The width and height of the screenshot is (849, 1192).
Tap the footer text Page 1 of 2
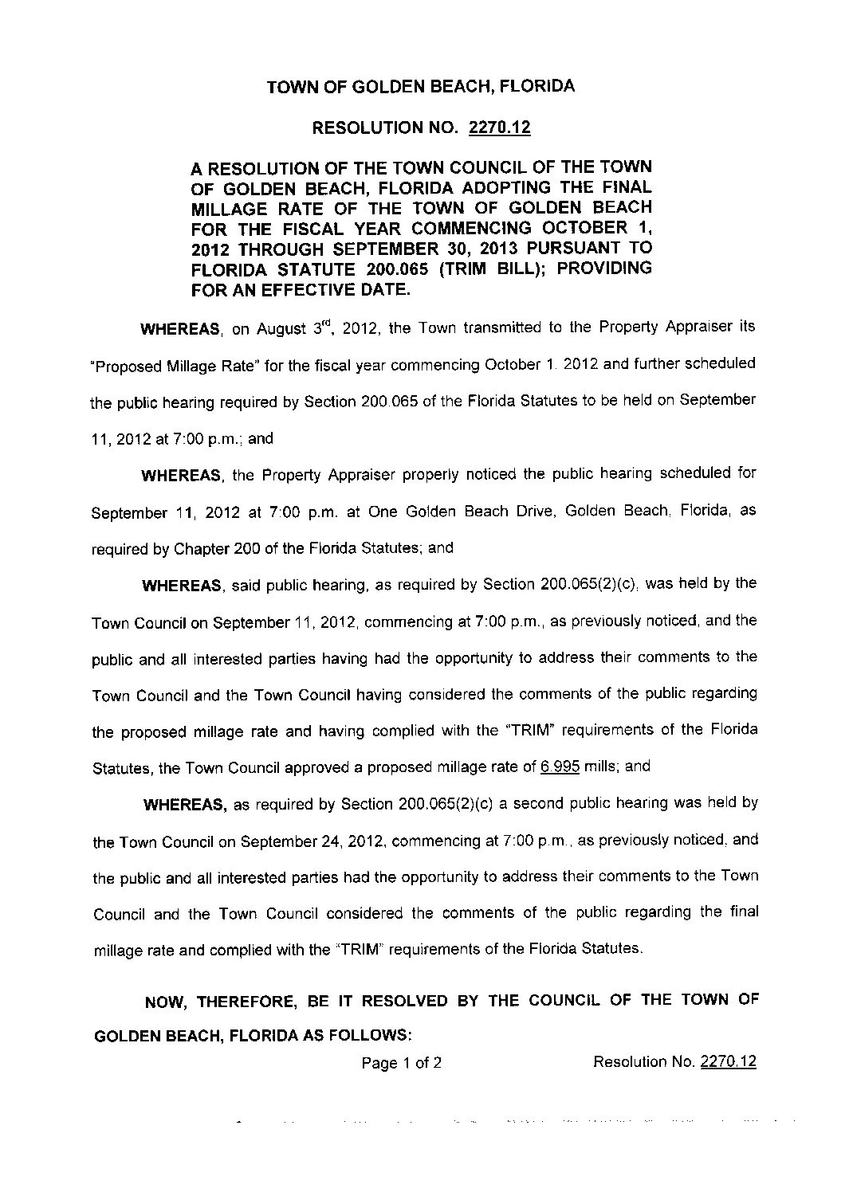point(402,1062)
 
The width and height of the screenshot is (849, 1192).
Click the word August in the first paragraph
point(281,328)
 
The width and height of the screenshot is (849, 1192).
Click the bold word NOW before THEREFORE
point(166,1002)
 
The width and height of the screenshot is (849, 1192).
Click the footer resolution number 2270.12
point(728,1061)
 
